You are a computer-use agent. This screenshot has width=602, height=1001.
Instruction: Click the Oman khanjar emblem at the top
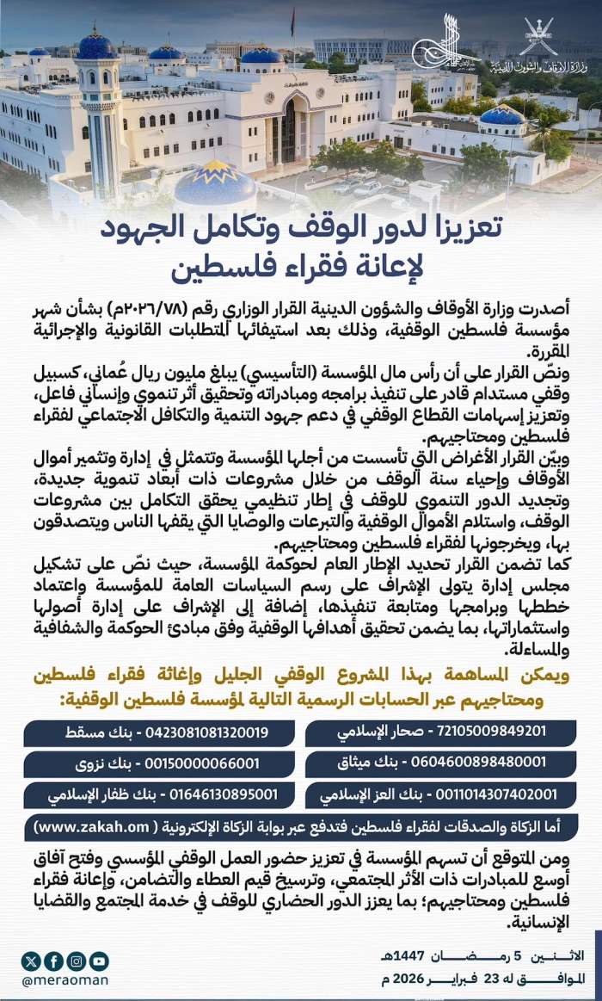[x=540, y=36]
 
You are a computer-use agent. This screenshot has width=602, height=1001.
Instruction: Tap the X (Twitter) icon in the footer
[x=33, y=961]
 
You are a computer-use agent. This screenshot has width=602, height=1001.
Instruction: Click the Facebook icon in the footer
[x=54, y=961]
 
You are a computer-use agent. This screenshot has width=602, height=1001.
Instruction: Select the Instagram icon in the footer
[x=77, y=961]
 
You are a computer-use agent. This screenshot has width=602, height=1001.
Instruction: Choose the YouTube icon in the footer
[x=99, y=961]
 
